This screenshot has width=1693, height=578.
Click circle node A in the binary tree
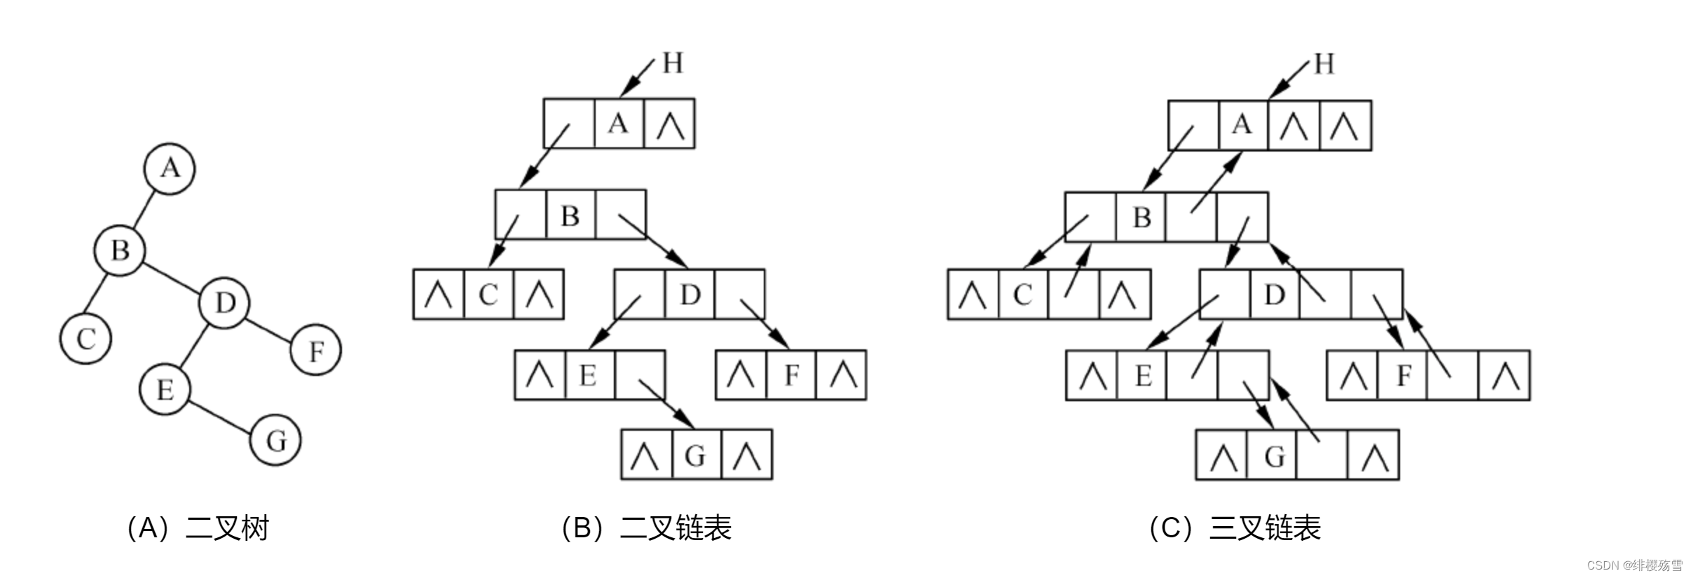[x=170, y=169]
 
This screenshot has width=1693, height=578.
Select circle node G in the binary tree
[x=276, y=441]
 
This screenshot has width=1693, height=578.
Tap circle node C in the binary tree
[x=85, y=339]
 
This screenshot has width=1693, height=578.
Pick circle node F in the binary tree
[x=316, y=350]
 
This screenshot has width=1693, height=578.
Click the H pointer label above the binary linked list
[x=673, y=63]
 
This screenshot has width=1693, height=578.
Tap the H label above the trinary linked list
[x=1324, y=64]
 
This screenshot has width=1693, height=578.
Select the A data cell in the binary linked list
[x=619, y=124]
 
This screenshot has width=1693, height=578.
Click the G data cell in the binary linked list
[x=696, y=455]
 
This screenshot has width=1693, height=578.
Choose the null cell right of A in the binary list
[x=669, y=124]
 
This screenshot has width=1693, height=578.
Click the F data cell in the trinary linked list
[x=1403, y=375]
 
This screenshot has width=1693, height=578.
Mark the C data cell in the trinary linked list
[x=1023, y=295]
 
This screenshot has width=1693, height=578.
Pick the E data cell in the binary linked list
[x=589, y=375]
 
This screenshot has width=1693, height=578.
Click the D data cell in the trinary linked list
[x=1275, y=295]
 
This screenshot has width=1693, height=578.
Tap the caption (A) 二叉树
[x=198, y=527]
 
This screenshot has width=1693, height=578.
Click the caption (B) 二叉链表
[x=646, y=527]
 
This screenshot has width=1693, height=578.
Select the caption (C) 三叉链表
[x=1235, y=527]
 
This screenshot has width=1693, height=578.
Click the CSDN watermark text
[x=1634, y=565]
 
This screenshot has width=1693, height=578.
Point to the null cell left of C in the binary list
[x=439, y=295]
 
